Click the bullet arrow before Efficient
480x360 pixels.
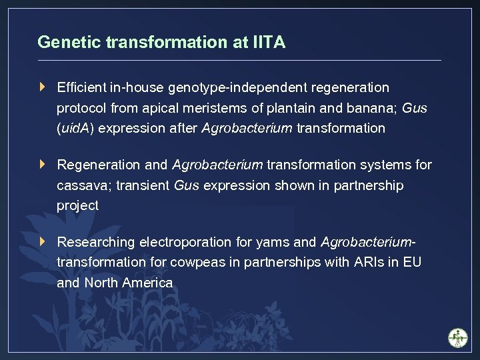pos(43,87)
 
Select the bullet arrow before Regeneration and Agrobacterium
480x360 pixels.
pos(43,164)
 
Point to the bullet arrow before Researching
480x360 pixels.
pos(43,241)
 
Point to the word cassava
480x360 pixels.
pos(83,185)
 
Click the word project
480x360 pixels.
pos(77,206)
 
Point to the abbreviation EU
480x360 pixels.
pos(412,262)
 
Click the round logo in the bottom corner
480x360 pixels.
pos(458,337)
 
